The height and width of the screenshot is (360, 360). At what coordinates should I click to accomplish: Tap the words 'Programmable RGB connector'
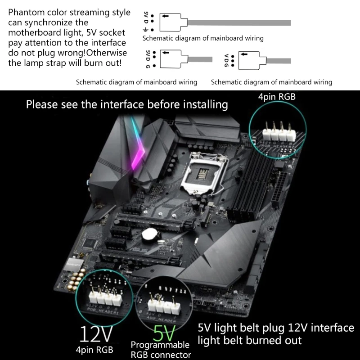(x=160, y=350)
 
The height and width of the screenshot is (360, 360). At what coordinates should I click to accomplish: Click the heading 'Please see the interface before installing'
(x=126, y=105)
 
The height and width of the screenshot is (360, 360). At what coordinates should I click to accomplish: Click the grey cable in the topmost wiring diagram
(x=238, y=22)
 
